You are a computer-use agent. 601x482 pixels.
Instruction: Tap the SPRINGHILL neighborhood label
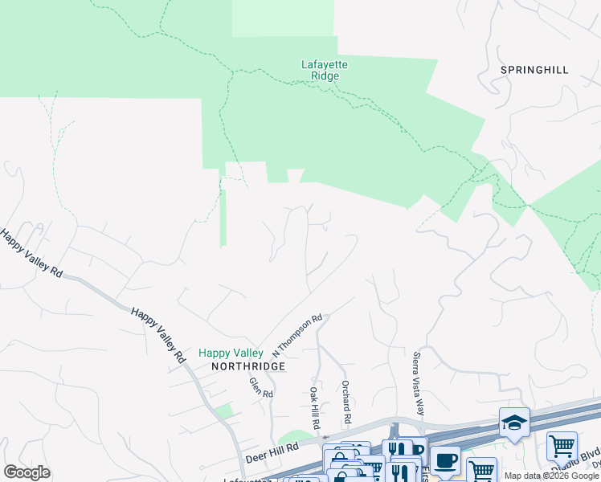click(534, 70)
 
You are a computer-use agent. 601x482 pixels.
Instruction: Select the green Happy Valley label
click(231, 353)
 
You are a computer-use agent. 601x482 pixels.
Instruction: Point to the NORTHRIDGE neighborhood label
click(248, 366)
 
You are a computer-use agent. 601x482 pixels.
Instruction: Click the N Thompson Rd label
click(296, 336)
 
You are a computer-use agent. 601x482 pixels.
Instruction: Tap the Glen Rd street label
click(261, 388)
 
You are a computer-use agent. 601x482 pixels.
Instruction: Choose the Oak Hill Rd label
click(315, 406)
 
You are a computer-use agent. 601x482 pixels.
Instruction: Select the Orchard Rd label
click(346, 402)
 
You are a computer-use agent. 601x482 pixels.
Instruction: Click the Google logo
click(27, 472)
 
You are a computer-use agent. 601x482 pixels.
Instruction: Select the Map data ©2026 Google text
click(551, 476)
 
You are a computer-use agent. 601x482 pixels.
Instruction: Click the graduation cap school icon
click(514, 422)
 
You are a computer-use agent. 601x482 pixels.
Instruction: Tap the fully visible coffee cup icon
click(445, 460)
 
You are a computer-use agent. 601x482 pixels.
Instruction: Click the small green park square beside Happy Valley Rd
click(224, 412)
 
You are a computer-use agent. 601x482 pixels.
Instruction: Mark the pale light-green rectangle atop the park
click(283, 18)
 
